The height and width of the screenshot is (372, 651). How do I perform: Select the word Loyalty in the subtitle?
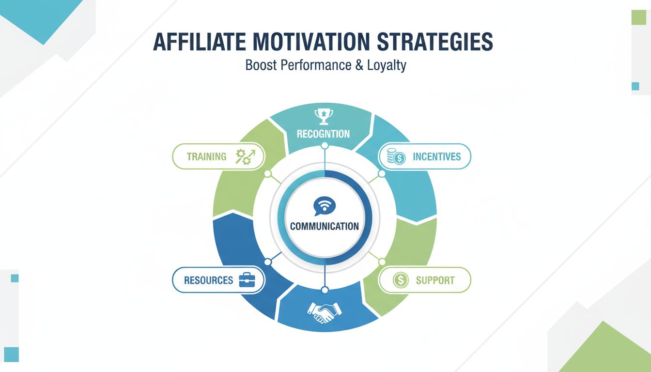point(386,65)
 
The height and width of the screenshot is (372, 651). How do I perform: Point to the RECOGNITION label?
point(323,134)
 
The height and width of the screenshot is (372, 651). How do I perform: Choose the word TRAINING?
point(207,156)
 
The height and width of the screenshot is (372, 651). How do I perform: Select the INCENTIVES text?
point(436,156)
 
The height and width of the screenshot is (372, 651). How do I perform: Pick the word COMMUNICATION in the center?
point(325,226)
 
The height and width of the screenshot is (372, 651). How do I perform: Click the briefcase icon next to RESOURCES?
point(248,280)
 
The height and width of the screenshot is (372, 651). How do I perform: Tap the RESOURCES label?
point(208,280)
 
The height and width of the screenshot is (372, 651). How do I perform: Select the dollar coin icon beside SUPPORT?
point(401,280)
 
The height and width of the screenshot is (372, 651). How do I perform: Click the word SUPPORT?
point(435,280)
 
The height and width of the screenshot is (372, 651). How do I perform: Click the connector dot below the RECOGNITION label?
point(325,146)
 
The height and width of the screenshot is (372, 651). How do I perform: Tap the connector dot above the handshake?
point(325,290)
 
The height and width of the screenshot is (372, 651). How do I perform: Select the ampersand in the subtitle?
point(359,65)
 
